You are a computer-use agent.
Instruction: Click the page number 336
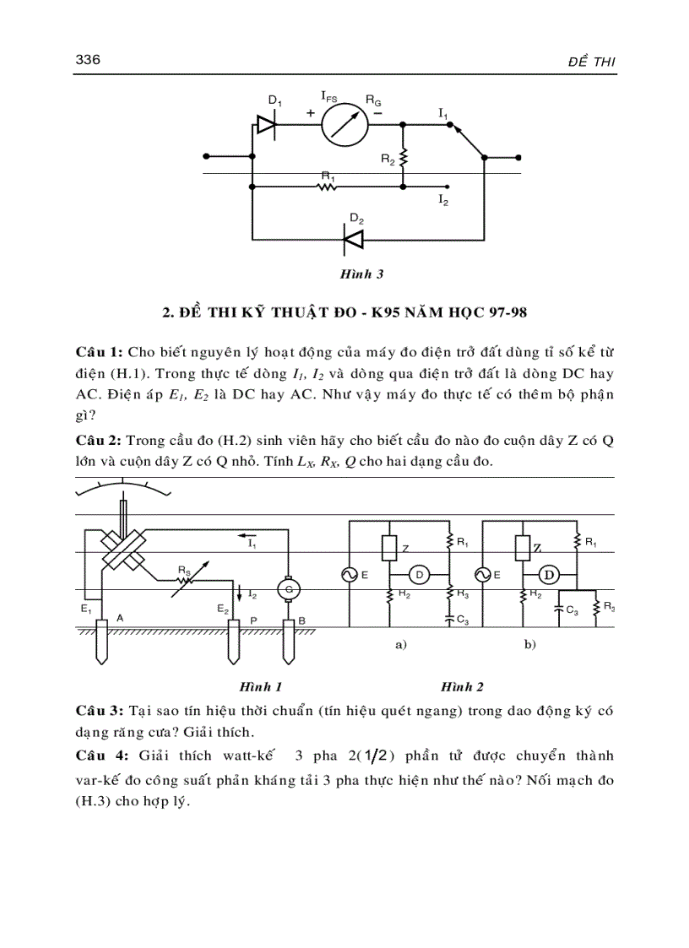coord(89,60)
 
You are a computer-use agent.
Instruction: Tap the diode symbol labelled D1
coord(267,125)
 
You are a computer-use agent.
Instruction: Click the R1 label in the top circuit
coord(328,176)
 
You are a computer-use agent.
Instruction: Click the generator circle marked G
coord(290,587)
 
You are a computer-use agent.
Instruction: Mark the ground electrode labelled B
coord(290,646)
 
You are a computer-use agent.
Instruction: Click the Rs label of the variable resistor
coord(183,571)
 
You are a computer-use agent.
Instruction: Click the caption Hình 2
coord(456,687)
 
